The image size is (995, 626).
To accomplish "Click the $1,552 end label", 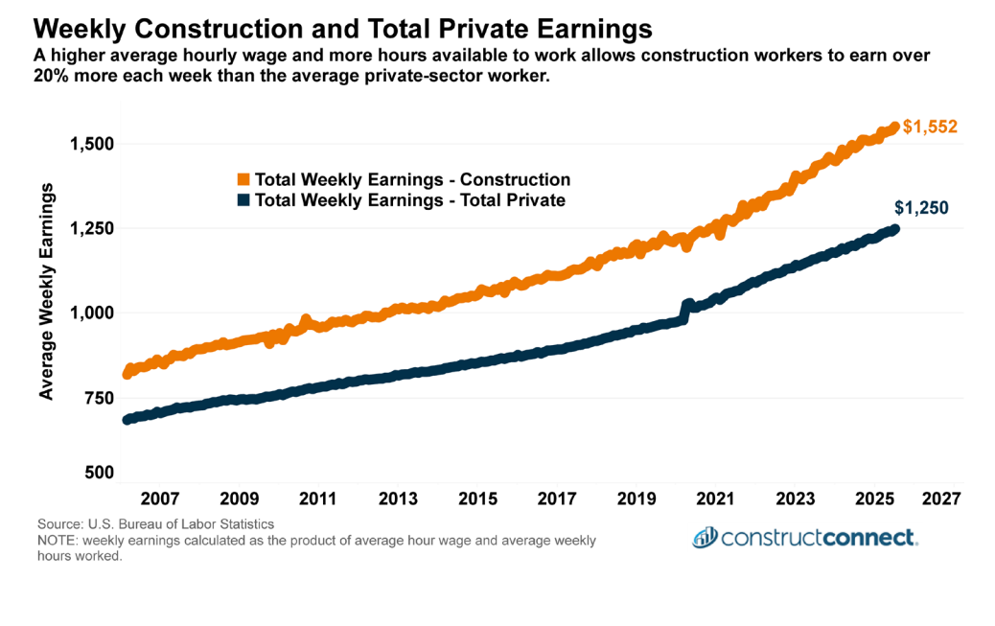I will coord(930,127).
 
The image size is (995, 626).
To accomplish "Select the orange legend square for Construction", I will coord(243,179).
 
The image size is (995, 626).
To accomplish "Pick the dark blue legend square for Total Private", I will coord(243,200).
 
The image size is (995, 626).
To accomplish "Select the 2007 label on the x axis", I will coord(160,499).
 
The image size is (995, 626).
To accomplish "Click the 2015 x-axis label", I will coord(477,499).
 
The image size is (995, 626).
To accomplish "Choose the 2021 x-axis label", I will coord(715,499).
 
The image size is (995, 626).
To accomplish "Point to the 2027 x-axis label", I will coord(941,499).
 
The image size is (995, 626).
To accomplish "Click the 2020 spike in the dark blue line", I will coord(685,304).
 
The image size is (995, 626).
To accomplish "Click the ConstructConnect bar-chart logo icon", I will coord(706,537).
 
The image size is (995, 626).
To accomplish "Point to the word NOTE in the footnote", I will coord(58,541).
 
